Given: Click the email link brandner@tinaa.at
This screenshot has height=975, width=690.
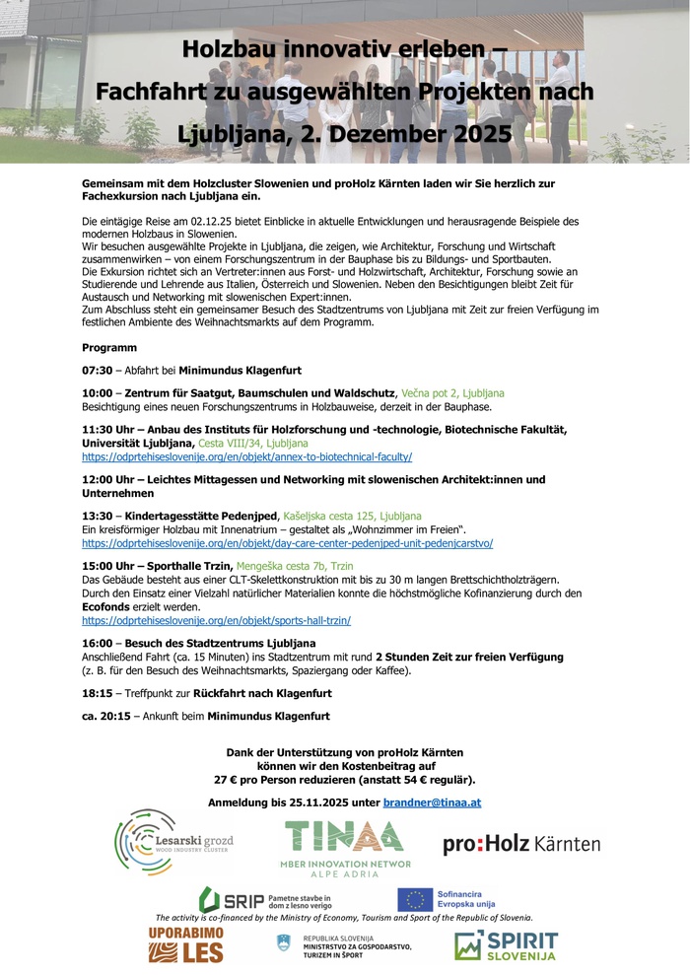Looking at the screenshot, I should [x=432, y=802].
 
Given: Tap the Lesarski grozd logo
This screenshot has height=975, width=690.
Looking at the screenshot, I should [x=173, y=843].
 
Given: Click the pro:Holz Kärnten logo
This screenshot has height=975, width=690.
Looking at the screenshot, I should [x=521, y=844].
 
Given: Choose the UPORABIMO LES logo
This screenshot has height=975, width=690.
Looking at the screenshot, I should [x=185, y=945].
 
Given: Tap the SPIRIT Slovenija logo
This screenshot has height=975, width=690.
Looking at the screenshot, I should [x=506, y=945].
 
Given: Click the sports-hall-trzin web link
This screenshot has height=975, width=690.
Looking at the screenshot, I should [x=216, y=621].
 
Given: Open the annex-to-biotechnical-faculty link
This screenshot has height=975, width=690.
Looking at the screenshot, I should [x=246, y=457].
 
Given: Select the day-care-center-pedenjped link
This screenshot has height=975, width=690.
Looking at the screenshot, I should [x=287, y=543].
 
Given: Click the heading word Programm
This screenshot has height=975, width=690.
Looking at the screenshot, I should [x=109, y=348].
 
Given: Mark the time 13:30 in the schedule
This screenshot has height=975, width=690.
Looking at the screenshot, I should [x=97, y=516].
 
